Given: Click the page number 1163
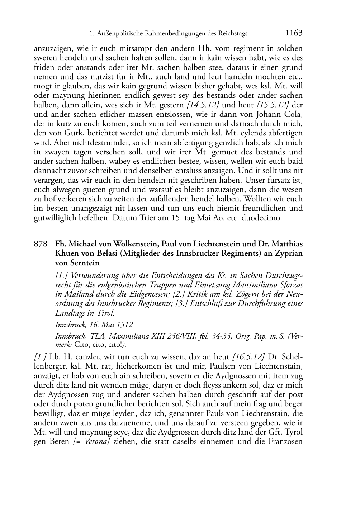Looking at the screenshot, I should [294, 33].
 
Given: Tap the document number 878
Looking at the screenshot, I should [41, 244].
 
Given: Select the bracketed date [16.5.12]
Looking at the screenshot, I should [248, 357].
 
